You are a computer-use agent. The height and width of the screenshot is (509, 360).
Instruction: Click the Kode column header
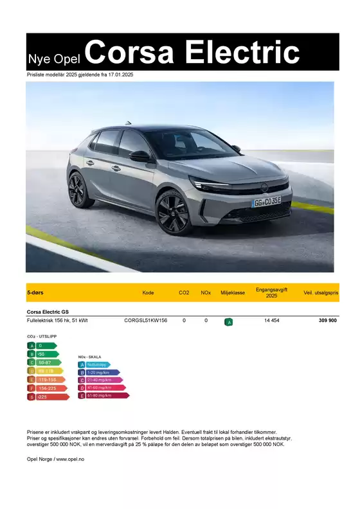[148, 292]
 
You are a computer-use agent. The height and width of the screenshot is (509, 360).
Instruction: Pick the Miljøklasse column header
[233, 292]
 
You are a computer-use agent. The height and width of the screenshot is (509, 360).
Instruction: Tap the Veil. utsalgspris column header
[321, 292]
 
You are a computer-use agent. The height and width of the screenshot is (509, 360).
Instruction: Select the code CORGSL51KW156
[145, 320]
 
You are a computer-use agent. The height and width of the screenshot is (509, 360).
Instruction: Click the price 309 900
[327, 320]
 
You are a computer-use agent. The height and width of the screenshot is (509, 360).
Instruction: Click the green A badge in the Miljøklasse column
[229, 321]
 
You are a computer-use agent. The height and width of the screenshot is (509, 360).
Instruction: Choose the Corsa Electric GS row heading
[48, 311]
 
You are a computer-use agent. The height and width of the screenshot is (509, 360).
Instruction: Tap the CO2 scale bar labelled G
[48, 397]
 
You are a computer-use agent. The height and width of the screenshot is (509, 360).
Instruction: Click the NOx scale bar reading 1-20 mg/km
[99, 372]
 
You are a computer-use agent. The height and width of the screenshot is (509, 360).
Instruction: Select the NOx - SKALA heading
[91, 357]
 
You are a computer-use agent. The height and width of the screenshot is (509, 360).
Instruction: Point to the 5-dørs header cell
[35, 292]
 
